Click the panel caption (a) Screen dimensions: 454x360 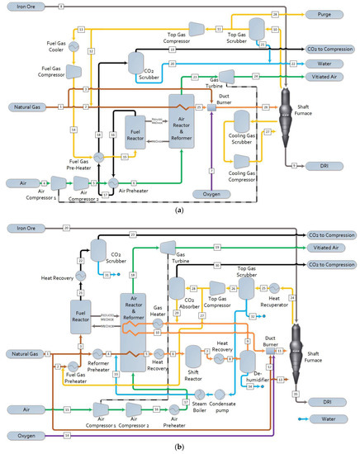coord(180,210)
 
